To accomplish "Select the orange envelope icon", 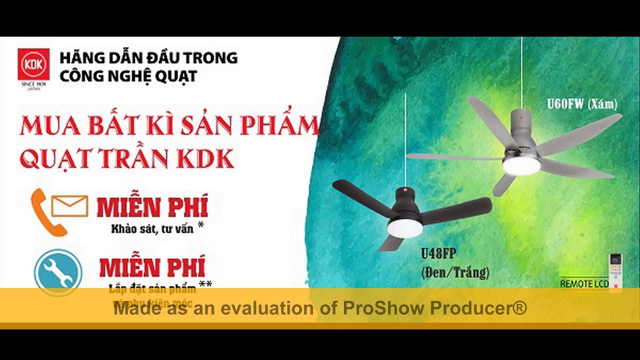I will coord(70,205).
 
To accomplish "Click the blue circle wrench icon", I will coord(58,272).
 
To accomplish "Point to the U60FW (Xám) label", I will coord(582,104).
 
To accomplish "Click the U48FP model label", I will coord(438,254).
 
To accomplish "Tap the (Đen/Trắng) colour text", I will coord(455,272).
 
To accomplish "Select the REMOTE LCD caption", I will coord(583,284).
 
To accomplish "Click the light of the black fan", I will coord(404,228).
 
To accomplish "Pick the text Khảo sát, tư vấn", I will coord(152,230).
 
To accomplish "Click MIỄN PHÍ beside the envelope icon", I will coord(151,207).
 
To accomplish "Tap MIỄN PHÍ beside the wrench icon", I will coord(152,267).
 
